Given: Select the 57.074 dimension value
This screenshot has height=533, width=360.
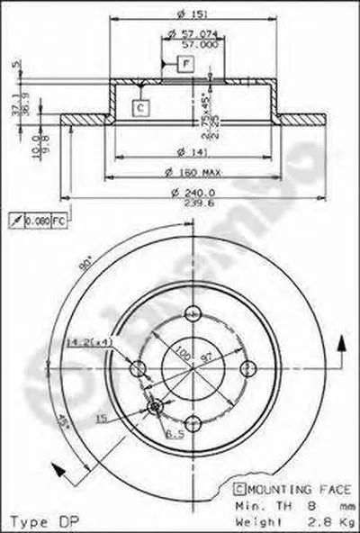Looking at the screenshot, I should (x=184, y=35).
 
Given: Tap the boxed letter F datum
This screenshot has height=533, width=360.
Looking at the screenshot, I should (x=184, y=64).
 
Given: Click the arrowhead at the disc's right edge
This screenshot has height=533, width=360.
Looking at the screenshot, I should (x=341, y=344).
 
